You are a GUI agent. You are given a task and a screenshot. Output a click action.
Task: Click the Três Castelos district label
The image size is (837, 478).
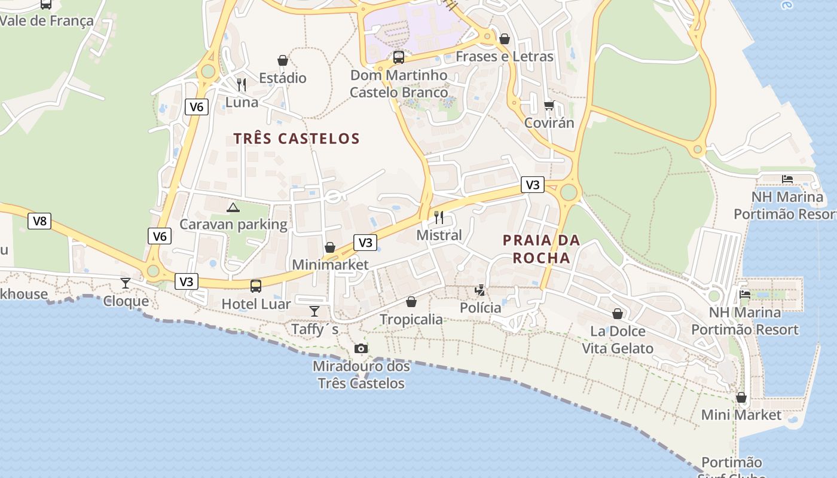coord(297,139)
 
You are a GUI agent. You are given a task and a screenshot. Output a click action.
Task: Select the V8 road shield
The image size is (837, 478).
coord(39,221)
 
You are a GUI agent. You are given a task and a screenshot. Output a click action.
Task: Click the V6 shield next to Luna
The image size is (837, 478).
coord(197,107)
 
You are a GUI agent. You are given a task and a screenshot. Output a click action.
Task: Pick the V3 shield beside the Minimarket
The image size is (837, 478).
coord(365,243)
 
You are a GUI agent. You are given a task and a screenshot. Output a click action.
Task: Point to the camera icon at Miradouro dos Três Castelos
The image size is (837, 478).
coord(361,349)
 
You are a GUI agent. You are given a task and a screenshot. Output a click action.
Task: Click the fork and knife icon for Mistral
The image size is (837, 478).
coord(439,217)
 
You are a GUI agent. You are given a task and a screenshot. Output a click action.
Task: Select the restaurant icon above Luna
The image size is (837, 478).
coord(242,84)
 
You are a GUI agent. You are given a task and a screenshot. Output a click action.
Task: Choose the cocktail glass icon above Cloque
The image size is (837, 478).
coord(126,283)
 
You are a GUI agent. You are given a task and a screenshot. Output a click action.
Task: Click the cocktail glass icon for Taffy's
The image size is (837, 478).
coord(314,311)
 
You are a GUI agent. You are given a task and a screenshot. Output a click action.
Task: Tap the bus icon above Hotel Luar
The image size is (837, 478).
coord(256,286)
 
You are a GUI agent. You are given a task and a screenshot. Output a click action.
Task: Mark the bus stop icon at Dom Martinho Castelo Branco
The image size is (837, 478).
coord(399,57)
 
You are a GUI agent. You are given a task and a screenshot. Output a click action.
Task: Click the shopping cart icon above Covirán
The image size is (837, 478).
coord(549,106)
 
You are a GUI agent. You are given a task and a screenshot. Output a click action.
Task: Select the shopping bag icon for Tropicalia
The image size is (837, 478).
coord(411,302)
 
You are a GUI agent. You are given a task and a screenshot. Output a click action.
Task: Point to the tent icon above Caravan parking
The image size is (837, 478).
coord(233,207)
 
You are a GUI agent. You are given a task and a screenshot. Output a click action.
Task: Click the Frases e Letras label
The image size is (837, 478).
coord(505,57)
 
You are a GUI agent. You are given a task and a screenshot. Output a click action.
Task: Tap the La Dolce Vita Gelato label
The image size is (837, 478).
coord(618,340)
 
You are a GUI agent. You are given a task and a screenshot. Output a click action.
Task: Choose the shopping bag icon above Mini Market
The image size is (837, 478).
coord(741,397)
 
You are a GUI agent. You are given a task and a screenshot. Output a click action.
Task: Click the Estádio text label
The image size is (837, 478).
coord(283,78)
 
